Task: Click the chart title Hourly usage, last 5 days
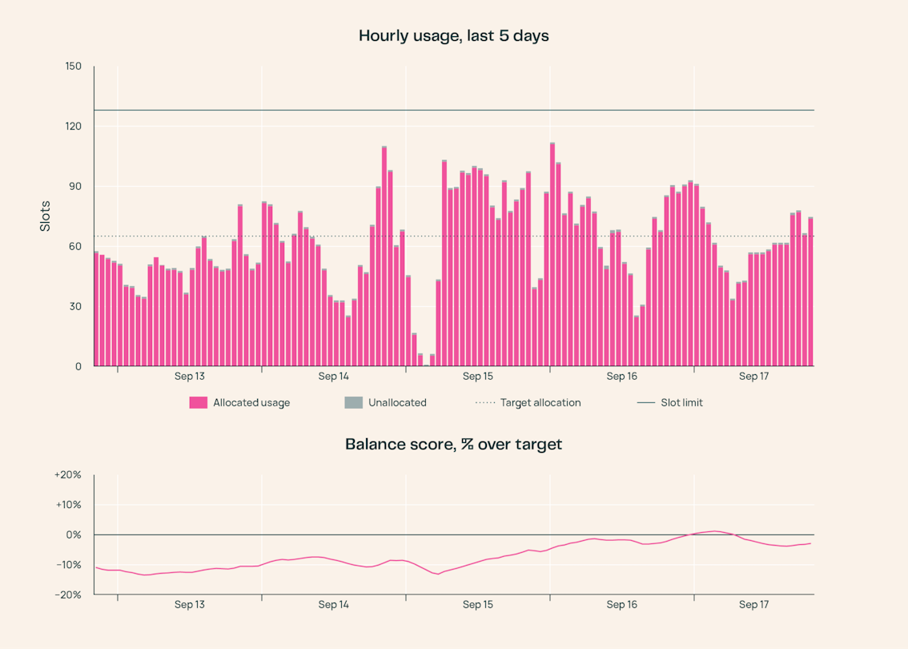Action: click(453, 36)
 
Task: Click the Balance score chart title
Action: click(453, 445)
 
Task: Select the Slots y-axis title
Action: click(45, 216)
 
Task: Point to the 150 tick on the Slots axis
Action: click(74, 66)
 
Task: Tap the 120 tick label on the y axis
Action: click(74, 127)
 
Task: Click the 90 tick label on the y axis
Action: click(75, 187)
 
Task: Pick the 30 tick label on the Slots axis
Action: click(75, 307)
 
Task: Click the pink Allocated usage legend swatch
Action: click(198, 403)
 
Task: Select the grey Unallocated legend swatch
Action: click(353, 403)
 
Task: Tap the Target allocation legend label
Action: click(540, 403)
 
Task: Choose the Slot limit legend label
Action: click(681, 403)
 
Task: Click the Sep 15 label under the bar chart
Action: click(478, 377)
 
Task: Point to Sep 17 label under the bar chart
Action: click(754, 377)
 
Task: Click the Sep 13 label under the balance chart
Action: click(189, 605)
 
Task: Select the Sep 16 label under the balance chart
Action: click(622, 605)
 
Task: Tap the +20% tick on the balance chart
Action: click(68, 475)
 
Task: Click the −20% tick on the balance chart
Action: click(68, 595)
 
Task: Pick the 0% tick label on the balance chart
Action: click(74, 535)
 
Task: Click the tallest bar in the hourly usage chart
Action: click(552, 254)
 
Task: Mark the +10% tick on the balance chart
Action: click(68, 505)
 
